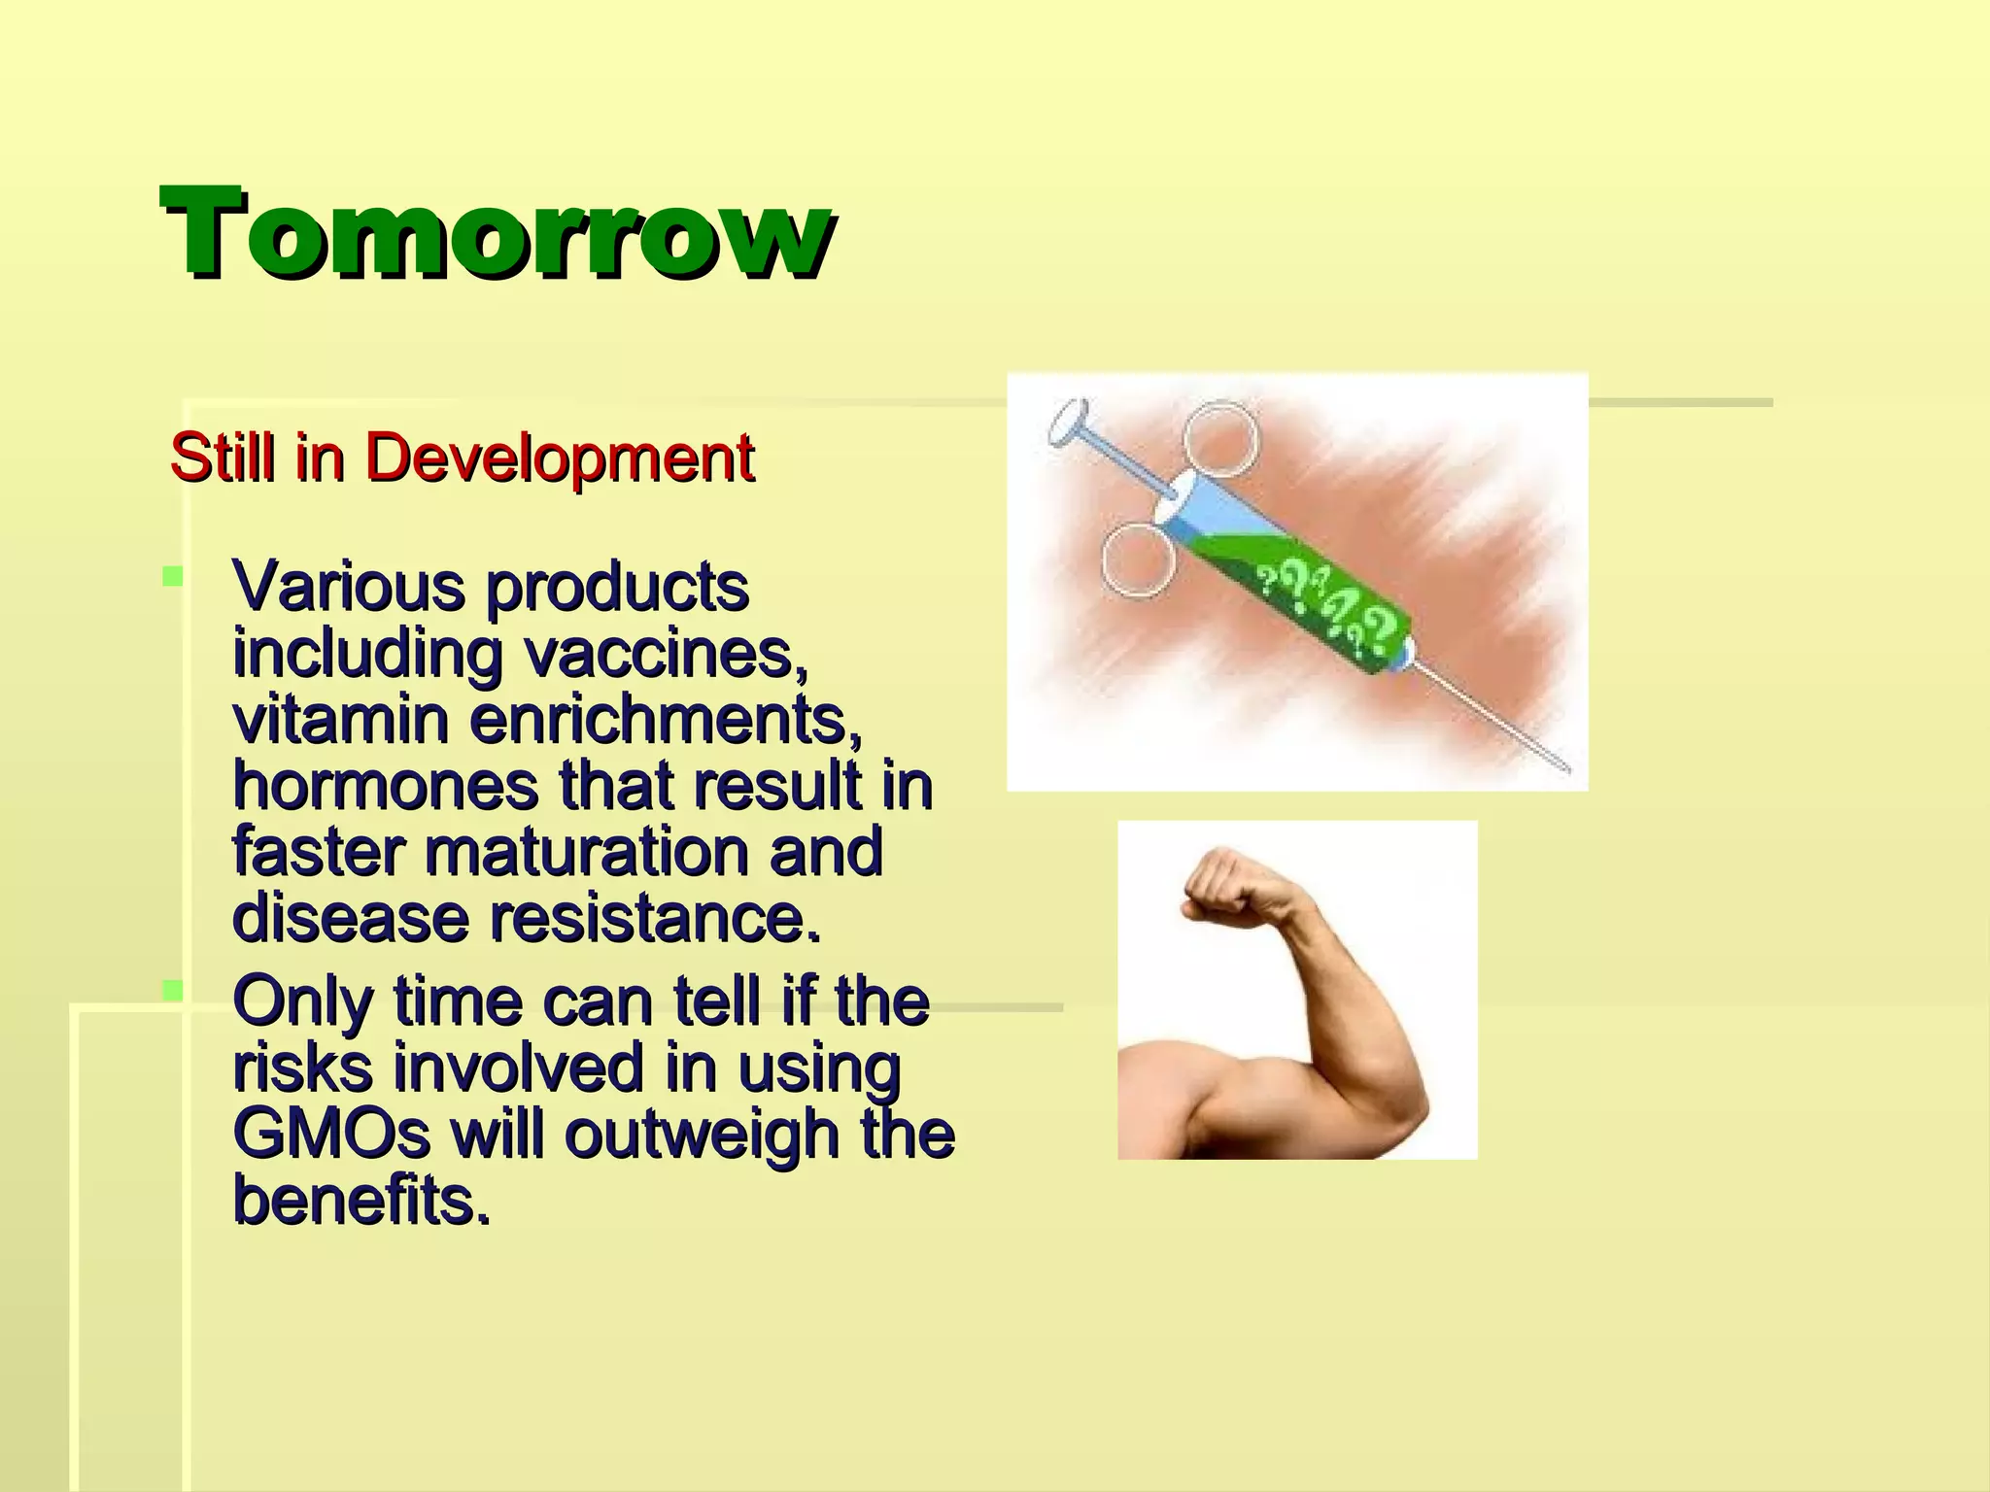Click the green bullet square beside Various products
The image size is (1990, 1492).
coord(173,577)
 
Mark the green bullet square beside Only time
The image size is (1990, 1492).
coord(173,991)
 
